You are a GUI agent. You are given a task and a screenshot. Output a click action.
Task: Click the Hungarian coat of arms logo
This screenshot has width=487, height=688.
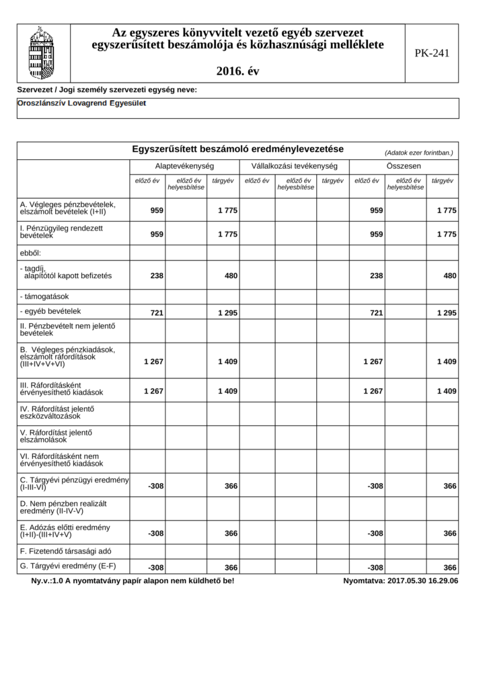click(x=41, y=53)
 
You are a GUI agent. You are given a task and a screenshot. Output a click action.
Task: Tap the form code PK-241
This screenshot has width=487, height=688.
click(x=432, y=53)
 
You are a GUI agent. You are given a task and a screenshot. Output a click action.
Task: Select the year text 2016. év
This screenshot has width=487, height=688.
click(x=238, y=71)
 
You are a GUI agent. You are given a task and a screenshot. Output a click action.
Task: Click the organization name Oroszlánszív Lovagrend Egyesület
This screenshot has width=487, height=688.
click(x=81, y=103)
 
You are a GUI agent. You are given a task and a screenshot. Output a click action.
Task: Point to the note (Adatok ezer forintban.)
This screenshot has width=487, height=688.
click(x=418, y=153)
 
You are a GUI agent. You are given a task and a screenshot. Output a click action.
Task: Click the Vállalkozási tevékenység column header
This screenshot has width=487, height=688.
click(x=294, y=165)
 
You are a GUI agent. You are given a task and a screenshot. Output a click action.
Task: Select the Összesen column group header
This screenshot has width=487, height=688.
click(x=404, y=165)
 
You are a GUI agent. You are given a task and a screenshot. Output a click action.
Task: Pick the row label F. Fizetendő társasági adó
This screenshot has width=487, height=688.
click(x=66, y=550)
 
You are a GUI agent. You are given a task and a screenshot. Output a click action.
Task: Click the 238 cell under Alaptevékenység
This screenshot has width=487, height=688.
click(x=157, y=276)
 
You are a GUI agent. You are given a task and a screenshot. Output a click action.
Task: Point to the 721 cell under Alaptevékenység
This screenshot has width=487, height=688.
click(x=157, y=313)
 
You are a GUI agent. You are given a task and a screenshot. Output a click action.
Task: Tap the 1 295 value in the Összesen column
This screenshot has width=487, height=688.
click(x=447, y=313)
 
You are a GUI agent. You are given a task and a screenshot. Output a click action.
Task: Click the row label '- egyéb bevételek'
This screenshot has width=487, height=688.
click(x=50, y=311)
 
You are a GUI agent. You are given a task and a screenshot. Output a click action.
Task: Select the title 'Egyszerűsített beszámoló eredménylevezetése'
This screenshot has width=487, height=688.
click(x=238, y=148)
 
